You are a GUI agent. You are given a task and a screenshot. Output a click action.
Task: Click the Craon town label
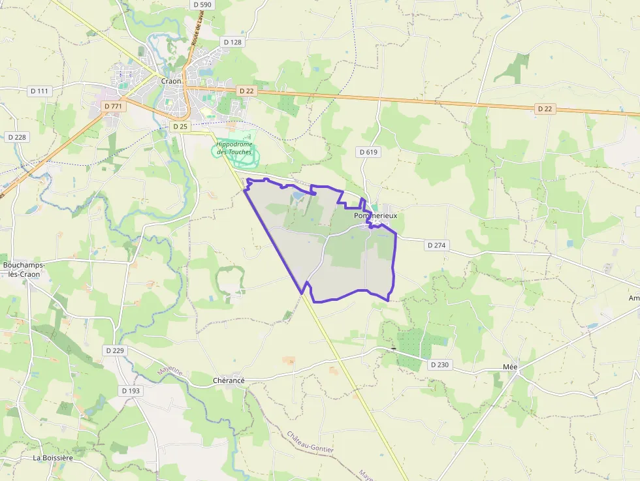[171, 81]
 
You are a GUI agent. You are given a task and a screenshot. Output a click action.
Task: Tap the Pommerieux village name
[375, 215]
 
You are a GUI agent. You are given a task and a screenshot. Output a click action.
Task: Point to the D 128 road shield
[232, 42]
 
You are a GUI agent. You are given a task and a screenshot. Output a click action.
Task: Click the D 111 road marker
[39, 91]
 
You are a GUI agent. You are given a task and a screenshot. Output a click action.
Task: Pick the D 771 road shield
[112, 106]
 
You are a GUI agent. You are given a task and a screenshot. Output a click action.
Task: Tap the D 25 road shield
[180, 126]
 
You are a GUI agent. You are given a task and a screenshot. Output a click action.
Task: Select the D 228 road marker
[17, 137]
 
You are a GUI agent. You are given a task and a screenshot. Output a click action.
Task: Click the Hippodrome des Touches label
[234, 148]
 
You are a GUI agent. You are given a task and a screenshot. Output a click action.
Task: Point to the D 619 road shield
[368, 151]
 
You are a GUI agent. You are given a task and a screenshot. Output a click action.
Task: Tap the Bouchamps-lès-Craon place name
[22, 270]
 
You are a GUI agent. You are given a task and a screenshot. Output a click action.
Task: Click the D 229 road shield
[114, 350]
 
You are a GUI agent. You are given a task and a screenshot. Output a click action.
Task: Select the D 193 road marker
[131, 390]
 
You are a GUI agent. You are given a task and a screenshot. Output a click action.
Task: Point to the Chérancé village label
[229, 380]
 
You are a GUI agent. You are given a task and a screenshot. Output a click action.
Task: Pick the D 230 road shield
[440, 364]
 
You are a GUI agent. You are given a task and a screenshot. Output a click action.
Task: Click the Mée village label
[510, 367]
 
